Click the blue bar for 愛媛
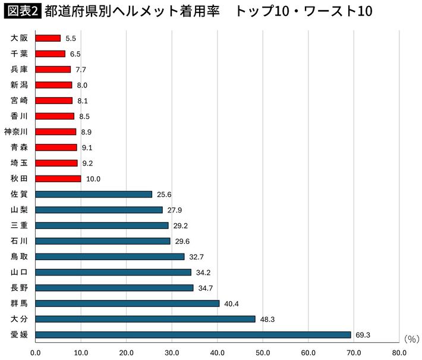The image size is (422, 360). click(193, 334)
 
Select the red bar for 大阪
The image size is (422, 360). click(48, 38)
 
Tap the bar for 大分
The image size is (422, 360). click(146, 319)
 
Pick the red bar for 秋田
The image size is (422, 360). click(58, 179)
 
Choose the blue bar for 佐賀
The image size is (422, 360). click(94, 194)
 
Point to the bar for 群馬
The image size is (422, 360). click(128, 303)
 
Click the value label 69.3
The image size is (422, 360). click(363, 335)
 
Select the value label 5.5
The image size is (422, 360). click(71, 38)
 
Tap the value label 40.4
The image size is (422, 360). click(231, 303)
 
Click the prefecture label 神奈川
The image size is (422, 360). click(15, 132)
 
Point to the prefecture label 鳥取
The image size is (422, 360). click(19, 256)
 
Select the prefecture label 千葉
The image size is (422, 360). click(19, 54)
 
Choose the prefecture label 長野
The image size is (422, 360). click(19, 288)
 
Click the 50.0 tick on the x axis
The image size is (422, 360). click(263, 352)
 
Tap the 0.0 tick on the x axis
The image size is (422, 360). click(36, 352)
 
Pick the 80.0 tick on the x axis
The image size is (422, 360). click(399, 352)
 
